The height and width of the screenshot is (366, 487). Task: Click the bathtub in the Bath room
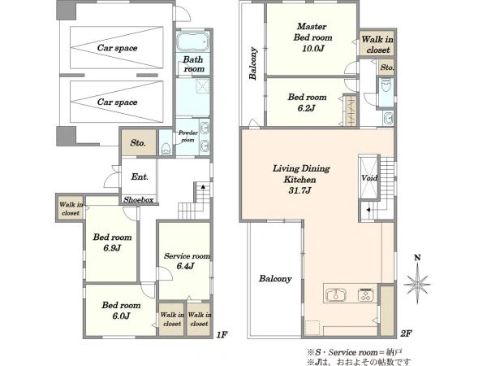[x=193, y=41]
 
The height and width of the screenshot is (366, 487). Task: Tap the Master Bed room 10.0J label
[x=312, y=37]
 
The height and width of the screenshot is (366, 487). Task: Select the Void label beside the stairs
[x=369, y=178]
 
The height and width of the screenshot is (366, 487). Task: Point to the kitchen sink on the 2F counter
[x=336, y=294]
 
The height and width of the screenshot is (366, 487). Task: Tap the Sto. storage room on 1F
[x=138, y=142]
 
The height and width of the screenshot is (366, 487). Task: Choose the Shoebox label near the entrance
[x=139, y=200]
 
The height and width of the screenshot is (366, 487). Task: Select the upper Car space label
[x=117, y=48]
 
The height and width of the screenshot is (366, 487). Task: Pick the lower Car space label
[x=117, y=102]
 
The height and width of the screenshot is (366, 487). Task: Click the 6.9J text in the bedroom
[x=112, y=248]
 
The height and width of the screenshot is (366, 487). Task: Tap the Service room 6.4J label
[x=187, y=261]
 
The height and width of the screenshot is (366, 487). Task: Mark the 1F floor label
[x=222, y=334]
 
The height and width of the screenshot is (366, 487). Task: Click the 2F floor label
[x=406, y=333]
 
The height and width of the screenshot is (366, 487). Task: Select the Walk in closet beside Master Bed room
[x=377, y=45]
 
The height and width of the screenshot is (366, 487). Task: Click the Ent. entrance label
[x=140, y=176]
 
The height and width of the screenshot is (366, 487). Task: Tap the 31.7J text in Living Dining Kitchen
[x=300, y=190]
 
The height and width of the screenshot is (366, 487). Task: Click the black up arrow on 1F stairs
[x=203, y=187]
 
